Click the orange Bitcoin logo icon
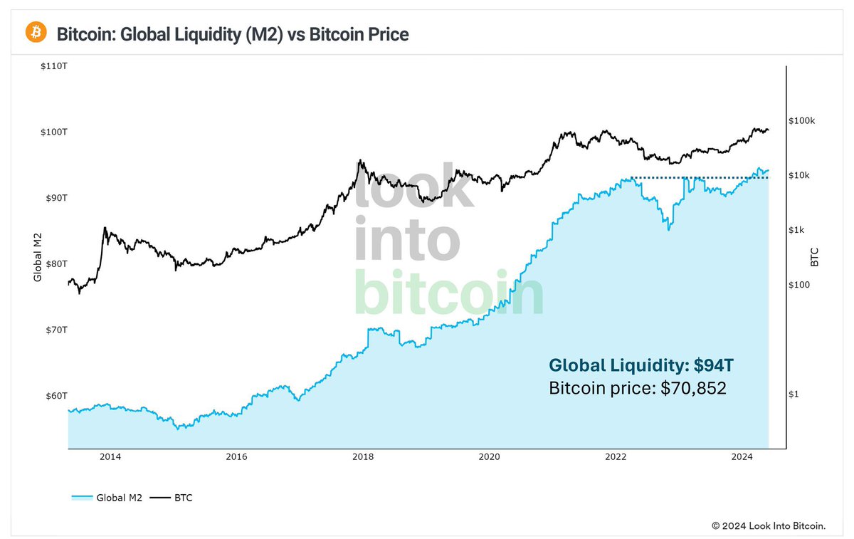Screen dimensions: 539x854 click(36, 32)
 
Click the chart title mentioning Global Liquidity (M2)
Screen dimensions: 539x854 click(232, 33)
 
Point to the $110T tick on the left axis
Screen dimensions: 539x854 click(53, 66)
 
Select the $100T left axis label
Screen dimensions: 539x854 click(53, 132)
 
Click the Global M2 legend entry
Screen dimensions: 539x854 click(107, 498)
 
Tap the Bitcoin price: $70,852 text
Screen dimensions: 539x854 click(637, 389)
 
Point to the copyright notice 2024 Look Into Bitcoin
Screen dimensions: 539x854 click(769, 525)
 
